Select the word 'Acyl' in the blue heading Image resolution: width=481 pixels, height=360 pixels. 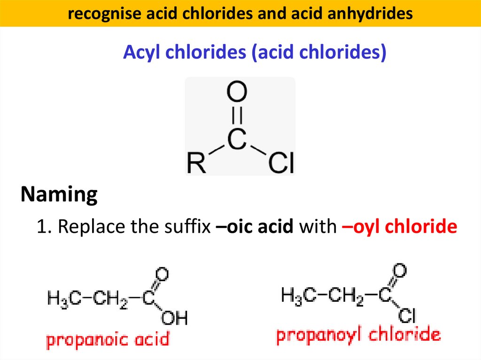pyautogui.click(x=140, y=53)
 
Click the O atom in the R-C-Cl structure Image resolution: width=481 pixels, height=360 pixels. pyautogui.click(x=237, y=92)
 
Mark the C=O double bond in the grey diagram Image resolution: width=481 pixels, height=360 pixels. pyautogui.click(x=237, y=115)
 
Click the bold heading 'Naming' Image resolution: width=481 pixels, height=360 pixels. pyautogui.click(x=59, y=194)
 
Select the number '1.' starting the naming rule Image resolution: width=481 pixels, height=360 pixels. pyautogui.click(x=45, y=227)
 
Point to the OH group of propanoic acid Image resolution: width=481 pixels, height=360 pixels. pyautogui.click(x=174, y=319)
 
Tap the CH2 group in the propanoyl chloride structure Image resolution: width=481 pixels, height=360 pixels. pyautogui.click(x=345, y=296)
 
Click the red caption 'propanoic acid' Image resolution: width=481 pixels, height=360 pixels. pyautogui.click(x=107, y=339)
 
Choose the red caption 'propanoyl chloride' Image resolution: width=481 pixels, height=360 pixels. pyautogui.click(x=358, y=336)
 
